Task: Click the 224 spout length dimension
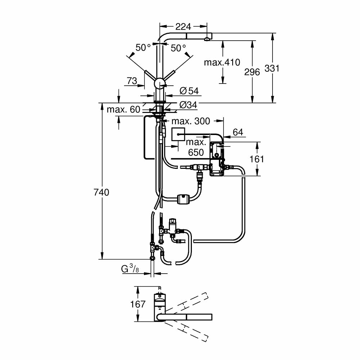coord(184,26)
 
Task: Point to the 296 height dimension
coord(252,72)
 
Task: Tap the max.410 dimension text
coord(222,62)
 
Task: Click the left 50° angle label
coord(143,48)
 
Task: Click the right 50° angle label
coord(179,48)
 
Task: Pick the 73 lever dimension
coord(132,81)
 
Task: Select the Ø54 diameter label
coord(189,91)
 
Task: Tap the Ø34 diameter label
coord(189,105)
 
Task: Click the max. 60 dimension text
coord(123,109)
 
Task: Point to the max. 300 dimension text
coord(190,121)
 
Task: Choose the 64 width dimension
coord(238,132)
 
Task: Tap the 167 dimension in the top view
coord(138,304)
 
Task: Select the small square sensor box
coord(178,135)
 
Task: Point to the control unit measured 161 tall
coord(216,158)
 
